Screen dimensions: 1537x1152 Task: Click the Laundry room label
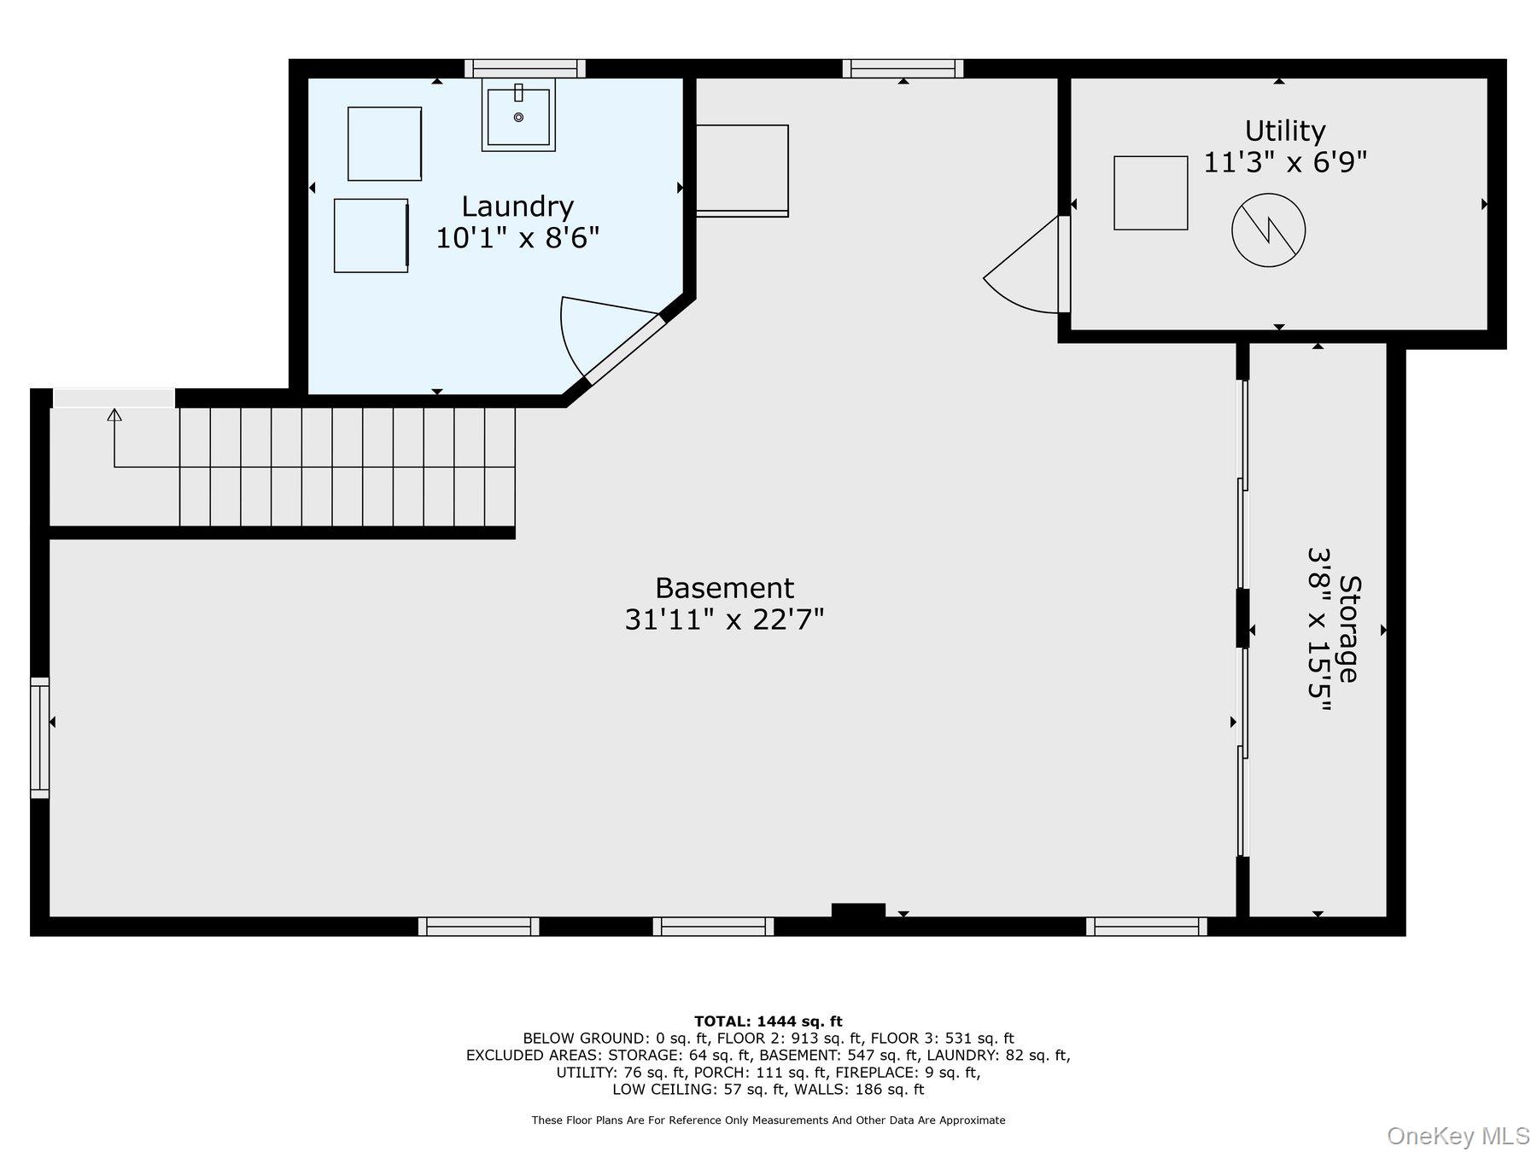(517, 207)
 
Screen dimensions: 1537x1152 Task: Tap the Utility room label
(1285, 131)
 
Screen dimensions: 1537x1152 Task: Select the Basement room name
(724, 588)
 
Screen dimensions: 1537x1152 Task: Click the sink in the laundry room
(518, 113)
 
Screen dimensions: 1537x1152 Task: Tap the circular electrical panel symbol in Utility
(1269, 230)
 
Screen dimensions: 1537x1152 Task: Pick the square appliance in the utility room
(1150, 193)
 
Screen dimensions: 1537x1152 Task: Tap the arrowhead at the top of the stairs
(114, 415)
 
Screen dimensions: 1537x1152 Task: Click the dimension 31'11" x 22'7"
(724, 619)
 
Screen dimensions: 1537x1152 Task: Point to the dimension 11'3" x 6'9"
(1285, 162)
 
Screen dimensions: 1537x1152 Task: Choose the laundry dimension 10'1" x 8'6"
(517, 237)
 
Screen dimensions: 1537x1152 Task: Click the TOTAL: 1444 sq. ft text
(768, 1021)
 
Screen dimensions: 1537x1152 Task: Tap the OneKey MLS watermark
(1458, 1136)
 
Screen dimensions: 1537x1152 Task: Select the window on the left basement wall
(40, 738)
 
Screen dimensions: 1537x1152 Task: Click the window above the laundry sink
(525, 68)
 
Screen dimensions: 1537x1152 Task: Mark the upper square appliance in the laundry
(384, 143)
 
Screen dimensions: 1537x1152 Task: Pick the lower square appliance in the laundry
(371, 236)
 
